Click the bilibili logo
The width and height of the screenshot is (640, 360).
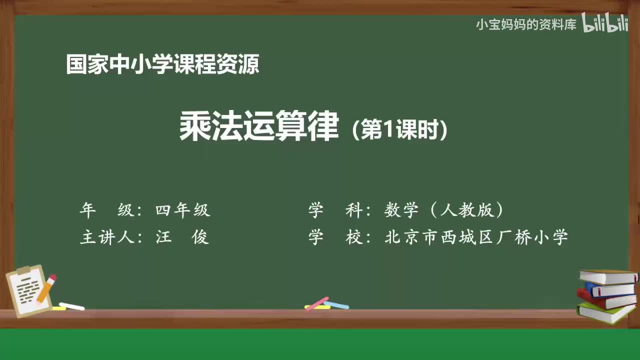coord(605,23)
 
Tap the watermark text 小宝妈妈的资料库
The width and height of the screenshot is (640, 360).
coord(526,24)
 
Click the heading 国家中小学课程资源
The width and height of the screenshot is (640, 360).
coord(162,64)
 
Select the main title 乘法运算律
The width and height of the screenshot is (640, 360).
coord(259,127)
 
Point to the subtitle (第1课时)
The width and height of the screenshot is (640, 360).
coord(399,130)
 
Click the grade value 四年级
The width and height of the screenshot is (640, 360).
coord(183,210)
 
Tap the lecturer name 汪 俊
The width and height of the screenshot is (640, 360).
coord(182,237)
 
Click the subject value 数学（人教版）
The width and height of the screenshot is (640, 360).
coord(443,210)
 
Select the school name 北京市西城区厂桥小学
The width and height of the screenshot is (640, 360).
coord(476,237)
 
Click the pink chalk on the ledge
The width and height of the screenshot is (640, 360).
coord(316,303)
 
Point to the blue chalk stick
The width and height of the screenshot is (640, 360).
coord(336,304)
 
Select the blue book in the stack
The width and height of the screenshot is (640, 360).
coord(610,289)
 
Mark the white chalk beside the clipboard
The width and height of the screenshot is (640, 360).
coord(71,306)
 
